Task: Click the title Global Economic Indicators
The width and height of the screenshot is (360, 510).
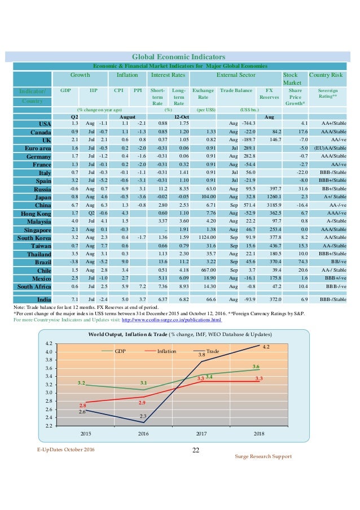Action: click(178, 57)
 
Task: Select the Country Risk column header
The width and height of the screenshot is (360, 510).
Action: click(326, 75)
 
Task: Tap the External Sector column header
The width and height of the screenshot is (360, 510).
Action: click(235, 75)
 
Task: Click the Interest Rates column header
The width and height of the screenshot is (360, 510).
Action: click(169, 75)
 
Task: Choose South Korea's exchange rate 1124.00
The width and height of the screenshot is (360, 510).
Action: click(205, 238)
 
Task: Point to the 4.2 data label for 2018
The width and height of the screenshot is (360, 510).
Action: click(266, 347)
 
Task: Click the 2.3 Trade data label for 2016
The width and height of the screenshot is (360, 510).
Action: click(143, 416)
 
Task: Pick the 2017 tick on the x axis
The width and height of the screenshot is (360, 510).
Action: click(202, 434)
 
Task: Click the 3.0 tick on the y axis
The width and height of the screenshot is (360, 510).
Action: click(49, 393)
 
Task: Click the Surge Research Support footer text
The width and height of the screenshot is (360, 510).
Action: click(263, 456)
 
